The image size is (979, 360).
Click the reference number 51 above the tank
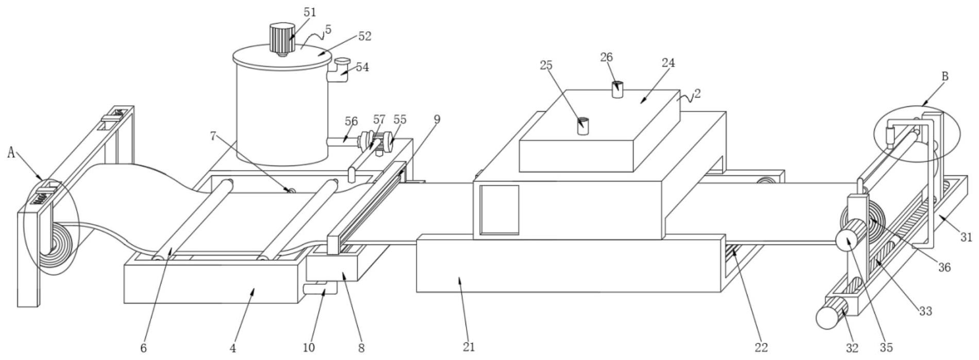tap(310, 12)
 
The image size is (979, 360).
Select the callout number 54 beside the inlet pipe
tap(362, 68)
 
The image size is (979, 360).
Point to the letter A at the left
tap(11, 152)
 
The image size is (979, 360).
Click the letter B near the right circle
tap(945, 77)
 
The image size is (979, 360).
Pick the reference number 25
tap(546, 66)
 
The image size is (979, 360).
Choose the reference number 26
tap(606, 57)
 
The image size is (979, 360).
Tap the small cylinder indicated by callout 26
tap(617, 89)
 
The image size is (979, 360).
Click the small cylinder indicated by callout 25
tap(583, 126)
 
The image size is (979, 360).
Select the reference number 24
tap(668, 63)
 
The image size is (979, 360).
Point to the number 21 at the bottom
tap(469, 347)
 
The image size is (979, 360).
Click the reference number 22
tap(761, 348)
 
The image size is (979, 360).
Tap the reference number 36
tap(944, 267)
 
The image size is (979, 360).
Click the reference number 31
tap(966, 237)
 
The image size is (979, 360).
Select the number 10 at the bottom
tap(308, 348)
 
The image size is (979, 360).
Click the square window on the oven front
tap(499, 210)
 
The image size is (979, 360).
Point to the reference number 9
tap(437, 120)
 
